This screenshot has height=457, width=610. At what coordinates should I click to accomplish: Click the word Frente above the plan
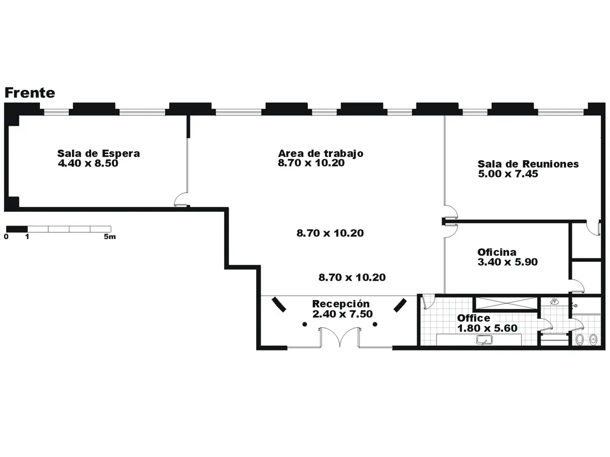coord(29,93)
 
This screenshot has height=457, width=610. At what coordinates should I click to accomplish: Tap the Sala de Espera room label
coord(98,153)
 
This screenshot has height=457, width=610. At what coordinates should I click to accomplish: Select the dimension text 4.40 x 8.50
coord(88,163)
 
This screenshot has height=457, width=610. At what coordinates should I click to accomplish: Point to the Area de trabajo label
coord(321,153)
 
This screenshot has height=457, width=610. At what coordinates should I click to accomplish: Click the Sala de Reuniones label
coord(528,164)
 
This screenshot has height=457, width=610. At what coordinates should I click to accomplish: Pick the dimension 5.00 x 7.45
coord(507,174)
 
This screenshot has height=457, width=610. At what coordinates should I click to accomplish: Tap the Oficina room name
coord(497,252)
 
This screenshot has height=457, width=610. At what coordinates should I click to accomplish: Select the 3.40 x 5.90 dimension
coord(507,262)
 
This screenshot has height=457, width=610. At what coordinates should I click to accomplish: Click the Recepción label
coord(341,304)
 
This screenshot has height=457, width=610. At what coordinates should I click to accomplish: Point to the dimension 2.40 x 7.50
coord(342,314)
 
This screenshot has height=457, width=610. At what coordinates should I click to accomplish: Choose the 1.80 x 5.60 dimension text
coord(487,328)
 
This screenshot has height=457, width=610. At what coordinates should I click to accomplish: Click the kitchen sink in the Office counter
coord(484,341)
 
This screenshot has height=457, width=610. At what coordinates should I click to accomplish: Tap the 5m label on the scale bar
coord(110,236)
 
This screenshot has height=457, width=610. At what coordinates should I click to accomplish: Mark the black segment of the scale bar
coord(17,229)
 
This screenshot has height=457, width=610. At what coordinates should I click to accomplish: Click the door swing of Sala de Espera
coord(181,199)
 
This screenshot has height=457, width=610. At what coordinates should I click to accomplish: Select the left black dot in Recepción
coord(304,324)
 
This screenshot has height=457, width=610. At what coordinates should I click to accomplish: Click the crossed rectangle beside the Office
coord(506,303)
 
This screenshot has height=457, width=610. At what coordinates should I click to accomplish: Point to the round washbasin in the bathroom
coord(555,301)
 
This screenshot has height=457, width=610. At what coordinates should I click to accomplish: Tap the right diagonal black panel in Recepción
coord(400,305)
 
